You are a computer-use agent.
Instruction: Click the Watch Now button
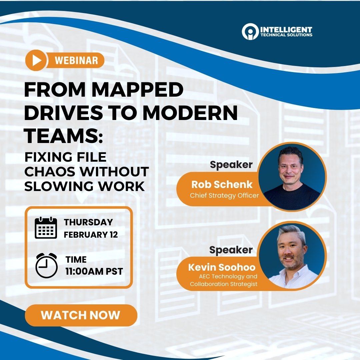pyautogui.click(x=81, y=315)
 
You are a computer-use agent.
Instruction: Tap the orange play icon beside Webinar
pyautogui.click(x=36, y=60)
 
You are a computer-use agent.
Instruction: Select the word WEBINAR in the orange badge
pyautogui.click(x=76, y=60)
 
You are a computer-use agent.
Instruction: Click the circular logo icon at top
pyautogui.click(x=250, y=32)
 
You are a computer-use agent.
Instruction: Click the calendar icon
pyautogui.click(x=46, y=228)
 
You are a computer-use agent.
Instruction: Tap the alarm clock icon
pyautogui.click(x=46, y=265)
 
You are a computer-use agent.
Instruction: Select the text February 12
pyautogui.click(x=91, y=234)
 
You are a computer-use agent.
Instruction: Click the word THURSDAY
pyautogui.click(x=88, y=222)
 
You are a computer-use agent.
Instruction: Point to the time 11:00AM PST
pyautogui.click(x=94, y=271)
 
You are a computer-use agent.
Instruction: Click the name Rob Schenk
pyautogui.click(x=222, y=184)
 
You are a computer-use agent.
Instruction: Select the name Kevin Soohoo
pyautogui.click(x=222, y=267)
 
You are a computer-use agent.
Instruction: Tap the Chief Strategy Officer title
pyautogui.click(x=224, y=195)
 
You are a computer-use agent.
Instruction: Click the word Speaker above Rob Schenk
pyautogui.click(x=231, y=165)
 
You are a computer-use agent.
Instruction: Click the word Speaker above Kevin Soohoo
pyautogui.click(x=231, y=250)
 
